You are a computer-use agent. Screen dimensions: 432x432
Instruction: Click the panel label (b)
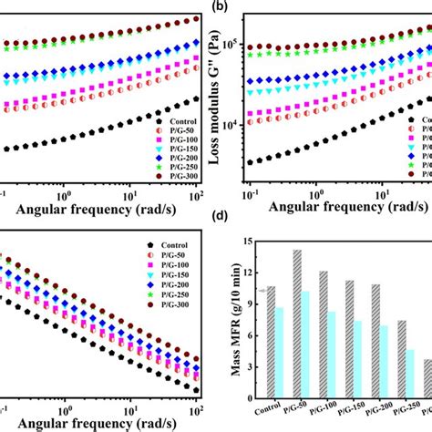point(220,6)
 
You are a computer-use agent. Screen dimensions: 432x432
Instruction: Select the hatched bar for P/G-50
point(296,319)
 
